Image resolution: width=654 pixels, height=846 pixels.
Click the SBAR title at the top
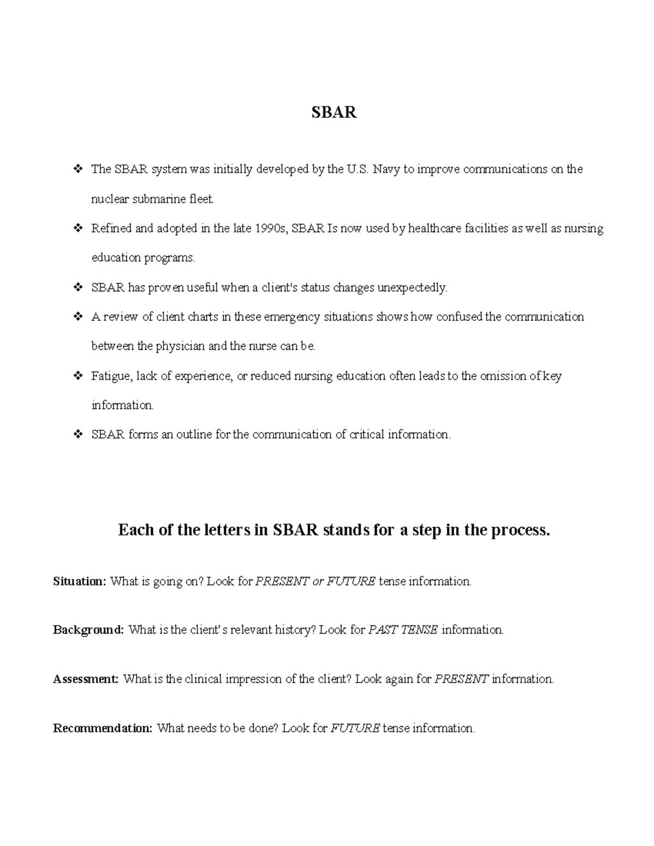pos(334,112)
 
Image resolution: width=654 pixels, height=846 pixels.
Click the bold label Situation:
pos(80,581)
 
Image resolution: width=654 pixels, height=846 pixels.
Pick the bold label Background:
pos(88,630)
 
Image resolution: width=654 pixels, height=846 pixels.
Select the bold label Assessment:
pos(86,679)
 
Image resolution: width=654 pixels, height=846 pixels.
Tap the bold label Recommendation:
pos(102,728)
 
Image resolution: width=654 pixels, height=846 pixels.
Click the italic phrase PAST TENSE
pos(403,630)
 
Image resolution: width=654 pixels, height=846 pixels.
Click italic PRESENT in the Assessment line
pos(461,679)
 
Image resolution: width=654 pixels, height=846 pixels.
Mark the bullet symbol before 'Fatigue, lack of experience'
pos(77,376)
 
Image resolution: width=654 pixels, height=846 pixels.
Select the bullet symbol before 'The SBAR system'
pos(77,169)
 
